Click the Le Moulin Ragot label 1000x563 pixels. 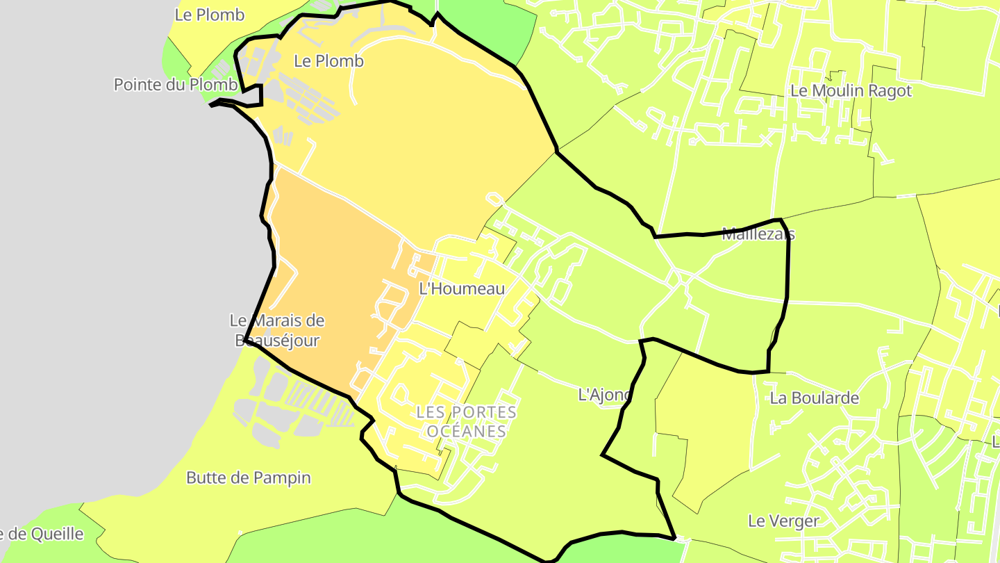pos(851,90)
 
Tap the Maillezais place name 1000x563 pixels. pos(758,234)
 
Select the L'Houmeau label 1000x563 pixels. pos(462,288)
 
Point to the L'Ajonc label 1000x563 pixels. pos(604,395)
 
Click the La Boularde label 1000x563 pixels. pos(814,398)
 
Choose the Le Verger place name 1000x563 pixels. pos(783,521)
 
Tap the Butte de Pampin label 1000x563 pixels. pos(248,478)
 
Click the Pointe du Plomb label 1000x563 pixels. pos(175,85)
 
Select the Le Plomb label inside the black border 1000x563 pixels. pos(328,61)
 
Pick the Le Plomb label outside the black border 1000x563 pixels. pos(209,15)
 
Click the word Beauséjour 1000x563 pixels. pos(277,341)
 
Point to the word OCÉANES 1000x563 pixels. pos(466,431)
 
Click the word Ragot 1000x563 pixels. pos(889,90)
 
